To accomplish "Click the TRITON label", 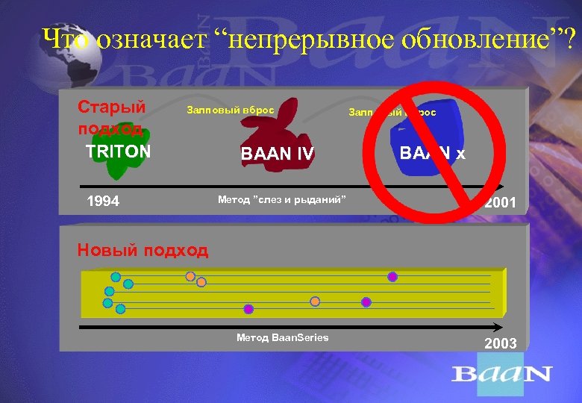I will (118, 151).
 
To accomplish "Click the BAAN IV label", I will (278, 154).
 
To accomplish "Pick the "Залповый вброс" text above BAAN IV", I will (229, 110).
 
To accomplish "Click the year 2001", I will (500, 203).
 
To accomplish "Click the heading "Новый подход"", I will (143, 250).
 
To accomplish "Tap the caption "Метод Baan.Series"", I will (282, 337).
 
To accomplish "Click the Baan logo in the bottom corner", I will (501, 373).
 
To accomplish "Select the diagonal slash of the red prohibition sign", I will (433, 153).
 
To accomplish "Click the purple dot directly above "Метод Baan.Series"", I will (248, 309).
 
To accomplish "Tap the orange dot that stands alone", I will (315, 301).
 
